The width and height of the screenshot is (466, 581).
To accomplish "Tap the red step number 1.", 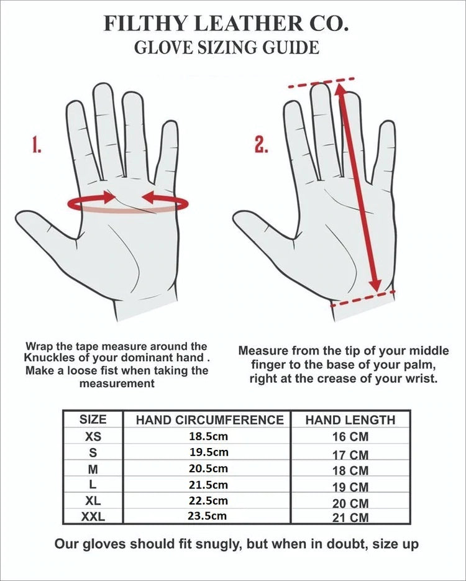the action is coord(36,145).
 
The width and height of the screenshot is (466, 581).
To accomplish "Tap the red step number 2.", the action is coord(262,145).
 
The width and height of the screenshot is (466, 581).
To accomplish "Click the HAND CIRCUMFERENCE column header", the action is coord(209,420).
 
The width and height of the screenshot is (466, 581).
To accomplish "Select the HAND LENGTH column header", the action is coord(350,420).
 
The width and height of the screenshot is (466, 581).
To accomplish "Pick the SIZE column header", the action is coord(93,419).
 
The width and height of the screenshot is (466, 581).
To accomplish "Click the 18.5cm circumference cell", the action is coord(208,436).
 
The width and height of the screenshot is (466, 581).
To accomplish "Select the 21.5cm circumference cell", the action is coord(208,485).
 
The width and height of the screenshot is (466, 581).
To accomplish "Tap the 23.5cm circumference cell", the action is coord(208,515).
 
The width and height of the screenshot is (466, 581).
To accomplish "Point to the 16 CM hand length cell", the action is coord(350,437).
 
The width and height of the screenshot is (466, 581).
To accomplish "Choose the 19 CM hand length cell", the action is coord(350,487).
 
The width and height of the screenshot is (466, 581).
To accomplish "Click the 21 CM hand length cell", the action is coord(350,517).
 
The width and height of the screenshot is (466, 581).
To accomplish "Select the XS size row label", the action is coord(93,436).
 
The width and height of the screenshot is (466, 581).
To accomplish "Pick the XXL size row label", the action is coord(93,516).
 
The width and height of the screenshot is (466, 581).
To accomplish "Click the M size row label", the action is coord(93,470).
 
